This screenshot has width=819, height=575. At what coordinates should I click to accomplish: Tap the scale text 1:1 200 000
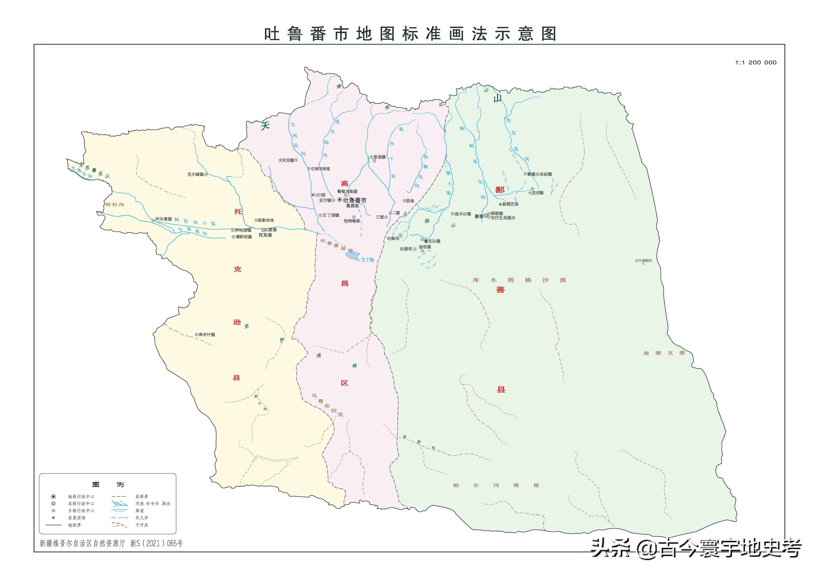(755, 63)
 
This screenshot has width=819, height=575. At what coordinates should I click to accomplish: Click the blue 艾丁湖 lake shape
(352, 255)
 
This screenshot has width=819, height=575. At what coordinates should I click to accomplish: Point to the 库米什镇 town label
(207, 334)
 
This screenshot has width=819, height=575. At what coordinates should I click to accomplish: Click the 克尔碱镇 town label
(195, 174)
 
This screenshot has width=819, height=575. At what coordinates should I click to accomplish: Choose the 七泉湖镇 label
(377, 157)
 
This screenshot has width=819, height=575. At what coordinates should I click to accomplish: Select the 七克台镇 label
(536, 193)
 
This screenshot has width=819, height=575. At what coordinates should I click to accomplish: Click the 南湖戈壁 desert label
(664, 353)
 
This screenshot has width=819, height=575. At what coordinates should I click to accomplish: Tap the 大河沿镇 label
(286, 160)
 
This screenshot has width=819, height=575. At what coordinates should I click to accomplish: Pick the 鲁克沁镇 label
(432, 241)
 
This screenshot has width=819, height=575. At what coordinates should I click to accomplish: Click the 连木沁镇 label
(463, 214)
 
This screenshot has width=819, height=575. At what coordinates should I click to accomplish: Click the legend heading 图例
(108, 484)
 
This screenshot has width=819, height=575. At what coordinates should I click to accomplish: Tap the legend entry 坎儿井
(142, 518)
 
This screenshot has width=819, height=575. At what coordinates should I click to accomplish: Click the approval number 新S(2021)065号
(156, 543)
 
